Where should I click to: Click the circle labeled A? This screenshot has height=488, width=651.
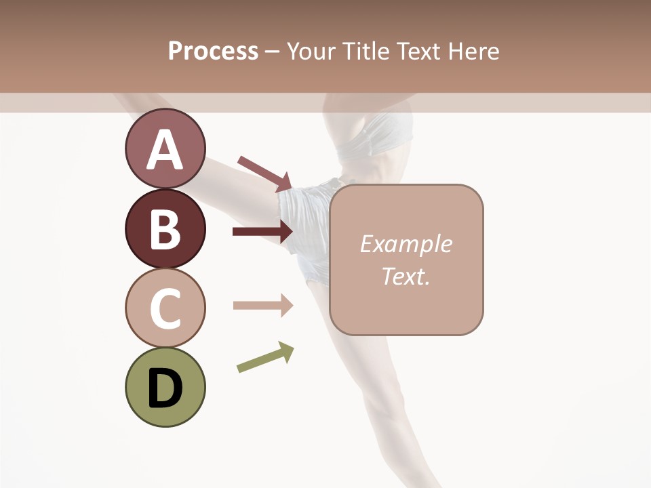(165, 148)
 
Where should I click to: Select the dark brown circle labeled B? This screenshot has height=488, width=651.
(165, 228)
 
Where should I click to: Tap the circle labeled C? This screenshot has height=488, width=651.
(165, 308)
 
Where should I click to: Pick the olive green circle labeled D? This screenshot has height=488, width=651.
(165, 387)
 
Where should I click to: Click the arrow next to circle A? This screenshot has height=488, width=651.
(264, 174)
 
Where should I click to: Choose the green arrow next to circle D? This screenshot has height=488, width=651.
(265, 357)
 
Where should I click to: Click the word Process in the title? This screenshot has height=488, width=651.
(213, 51)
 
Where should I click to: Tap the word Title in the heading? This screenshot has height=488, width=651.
(370, 51)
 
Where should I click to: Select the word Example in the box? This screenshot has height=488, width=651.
(406, 244)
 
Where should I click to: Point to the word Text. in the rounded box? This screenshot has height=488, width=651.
(406, 276)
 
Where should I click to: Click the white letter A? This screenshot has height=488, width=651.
(165, 150)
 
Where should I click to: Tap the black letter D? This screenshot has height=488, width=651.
(165, 388)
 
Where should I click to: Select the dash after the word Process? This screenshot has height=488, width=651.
(272, 52)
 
